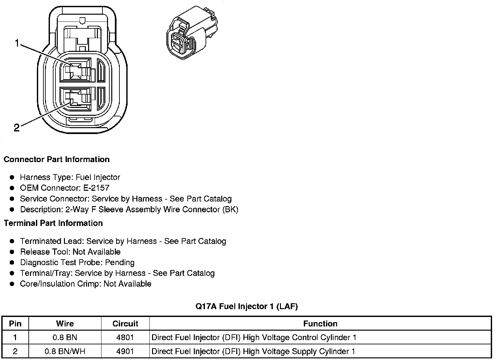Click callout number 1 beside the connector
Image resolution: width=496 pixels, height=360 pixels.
17,43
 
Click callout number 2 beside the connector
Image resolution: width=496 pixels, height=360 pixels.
17,128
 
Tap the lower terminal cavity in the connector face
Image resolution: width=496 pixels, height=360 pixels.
76,98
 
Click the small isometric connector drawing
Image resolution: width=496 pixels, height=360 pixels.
191,32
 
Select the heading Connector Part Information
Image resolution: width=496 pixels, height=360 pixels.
56,159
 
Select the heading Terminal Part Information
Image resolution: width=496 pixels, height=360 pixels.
53,223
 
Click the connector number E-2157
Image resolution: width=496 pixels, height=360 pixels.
97,188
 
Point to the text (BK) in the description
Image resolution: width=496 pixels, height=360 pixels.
230,209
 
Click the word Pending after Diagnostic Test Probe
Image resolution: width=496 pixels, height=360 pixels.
119,262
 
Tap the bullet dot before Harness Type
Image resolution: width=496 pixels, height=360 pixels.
12,177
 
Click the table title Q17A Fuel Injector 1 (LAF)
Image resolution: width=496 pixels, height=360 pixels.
246,306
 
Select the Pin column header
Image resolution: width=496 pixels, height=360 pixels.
15,323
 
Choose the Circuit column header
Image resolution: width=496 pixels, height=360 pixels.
125,323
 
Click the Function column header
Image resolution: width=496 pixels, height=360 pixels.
320,323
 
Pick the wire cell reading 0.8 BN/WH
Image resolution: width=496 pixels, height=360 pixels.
65,351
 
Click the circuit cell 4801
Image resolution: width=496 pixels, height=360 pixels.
125,337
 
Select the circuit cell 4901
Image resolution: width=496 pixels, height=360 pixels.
125,351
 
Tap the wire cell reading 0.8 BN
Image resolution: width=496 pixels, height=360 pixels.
65,337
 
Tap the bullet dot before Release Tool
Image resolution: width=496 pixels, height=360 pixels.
12,252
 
